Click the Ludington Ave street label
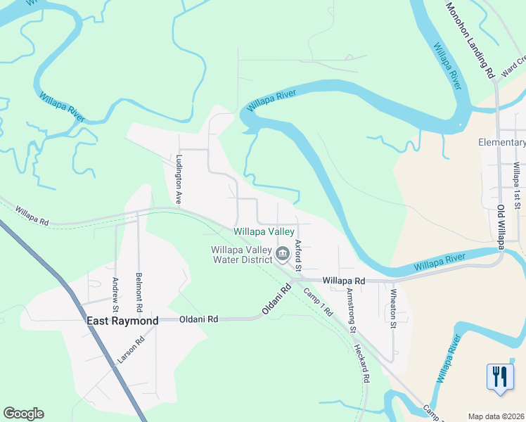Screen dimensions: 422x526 179,179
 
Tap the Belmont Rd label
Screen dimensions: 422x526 139,293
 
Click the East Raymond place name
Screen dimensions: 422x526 122,321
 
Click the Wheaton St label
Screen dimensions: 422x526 394,309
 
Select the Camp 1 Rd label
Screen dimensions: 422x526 317,302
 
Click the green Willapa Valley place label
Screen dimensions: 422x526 264,231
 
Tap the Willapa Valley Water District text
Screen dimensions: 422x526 242,255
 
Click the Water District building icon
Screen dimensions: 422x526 284,253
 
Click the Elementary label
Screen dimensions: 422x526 501,142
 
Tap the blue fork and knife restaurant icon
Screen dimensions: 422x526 499,376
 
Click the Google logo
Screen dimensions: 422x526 23,414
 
